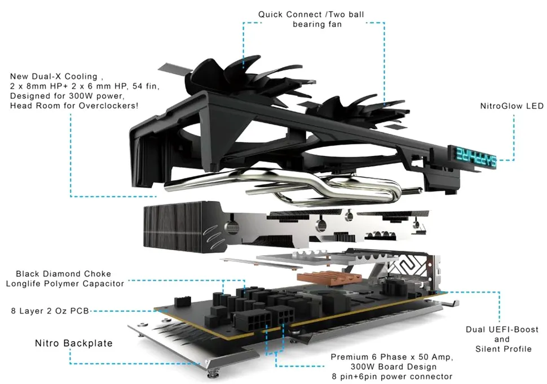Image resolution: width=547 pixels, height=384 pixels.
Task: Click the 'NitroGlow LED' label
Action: pos(511,106)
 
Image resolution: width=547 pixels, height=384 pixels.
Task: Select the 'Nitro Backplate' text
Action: pos(74,343)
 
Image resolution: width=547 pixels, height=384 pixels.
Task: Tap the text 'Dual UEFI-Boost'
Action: pos(502,329)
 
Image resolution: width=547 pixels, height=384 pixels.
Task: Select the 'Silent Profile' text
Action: pos(503,348)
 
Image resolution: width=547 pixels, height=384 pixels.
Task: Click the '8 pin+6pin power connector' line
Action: pos(391,376)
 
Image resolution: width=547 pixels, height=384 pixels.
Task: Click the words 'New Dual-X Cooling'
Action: pos(54,76)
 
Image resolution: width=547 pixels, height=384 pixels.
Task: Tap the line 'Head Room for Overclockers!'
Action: pos(74,106)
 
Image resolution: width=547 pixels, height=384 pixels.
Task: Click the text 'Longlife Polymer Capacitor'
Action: pos(65,283)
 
